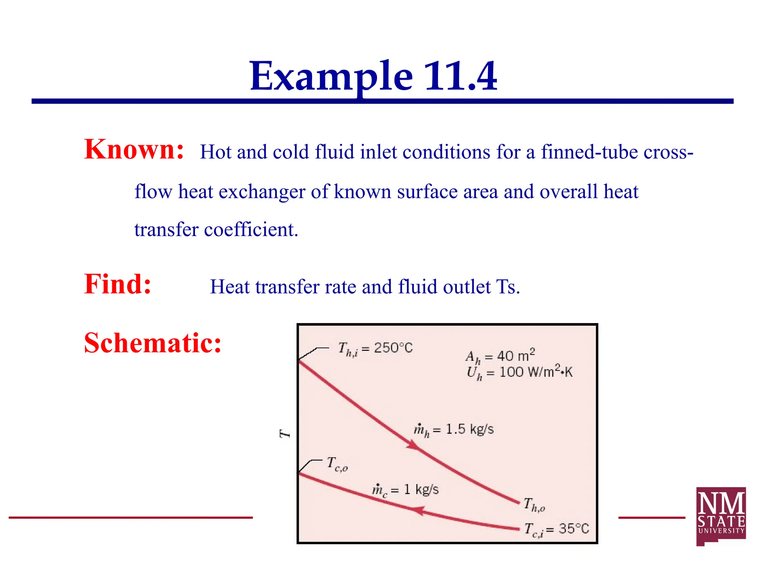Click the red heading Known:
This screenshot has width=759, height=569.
click(x=134, y=149)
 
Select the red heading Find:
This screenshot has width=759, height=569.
click(x=117, y=284)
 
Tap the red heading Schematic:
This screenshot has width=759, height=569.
click(x=153, y=343)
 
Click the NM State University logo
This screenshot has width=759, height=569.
click(x=721, y=516)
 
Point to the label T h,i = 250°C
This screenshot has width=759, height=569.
click(x=375, y=349)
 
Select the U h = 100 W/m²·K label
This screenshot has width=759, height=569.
click(x=520, y=372)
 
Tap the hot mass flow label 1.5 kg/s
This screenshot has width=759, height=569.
click(x=454, y=429)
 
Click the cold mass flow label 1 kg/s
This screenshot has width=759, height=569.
click(x=405, y=490)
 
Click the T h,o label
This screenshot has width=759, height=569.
click(x=534, y=505)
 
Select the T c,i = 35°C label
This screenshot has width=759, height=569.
click(x=556, y=529)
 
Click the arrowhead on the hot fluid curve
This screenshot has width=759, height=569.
click(x=412, y=445)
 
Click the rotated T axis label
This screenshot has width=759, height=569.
click(x=285, y=433)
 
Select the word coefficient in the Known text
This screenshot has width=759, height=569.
click(x=251, y=230)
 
